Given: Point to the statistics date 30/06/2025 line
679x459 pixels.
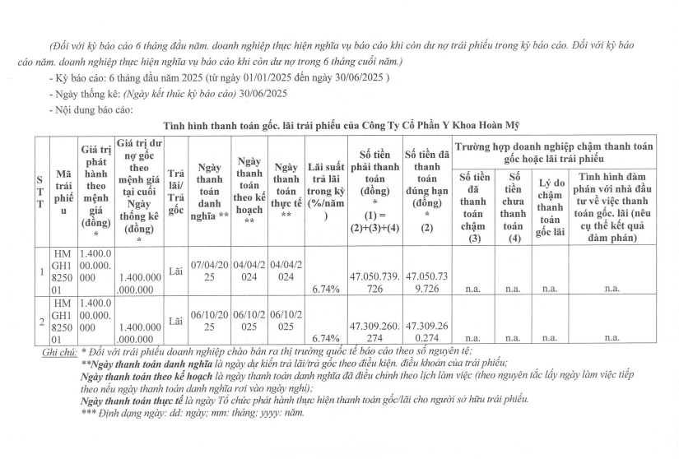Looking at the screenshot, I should click(168, 93).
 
